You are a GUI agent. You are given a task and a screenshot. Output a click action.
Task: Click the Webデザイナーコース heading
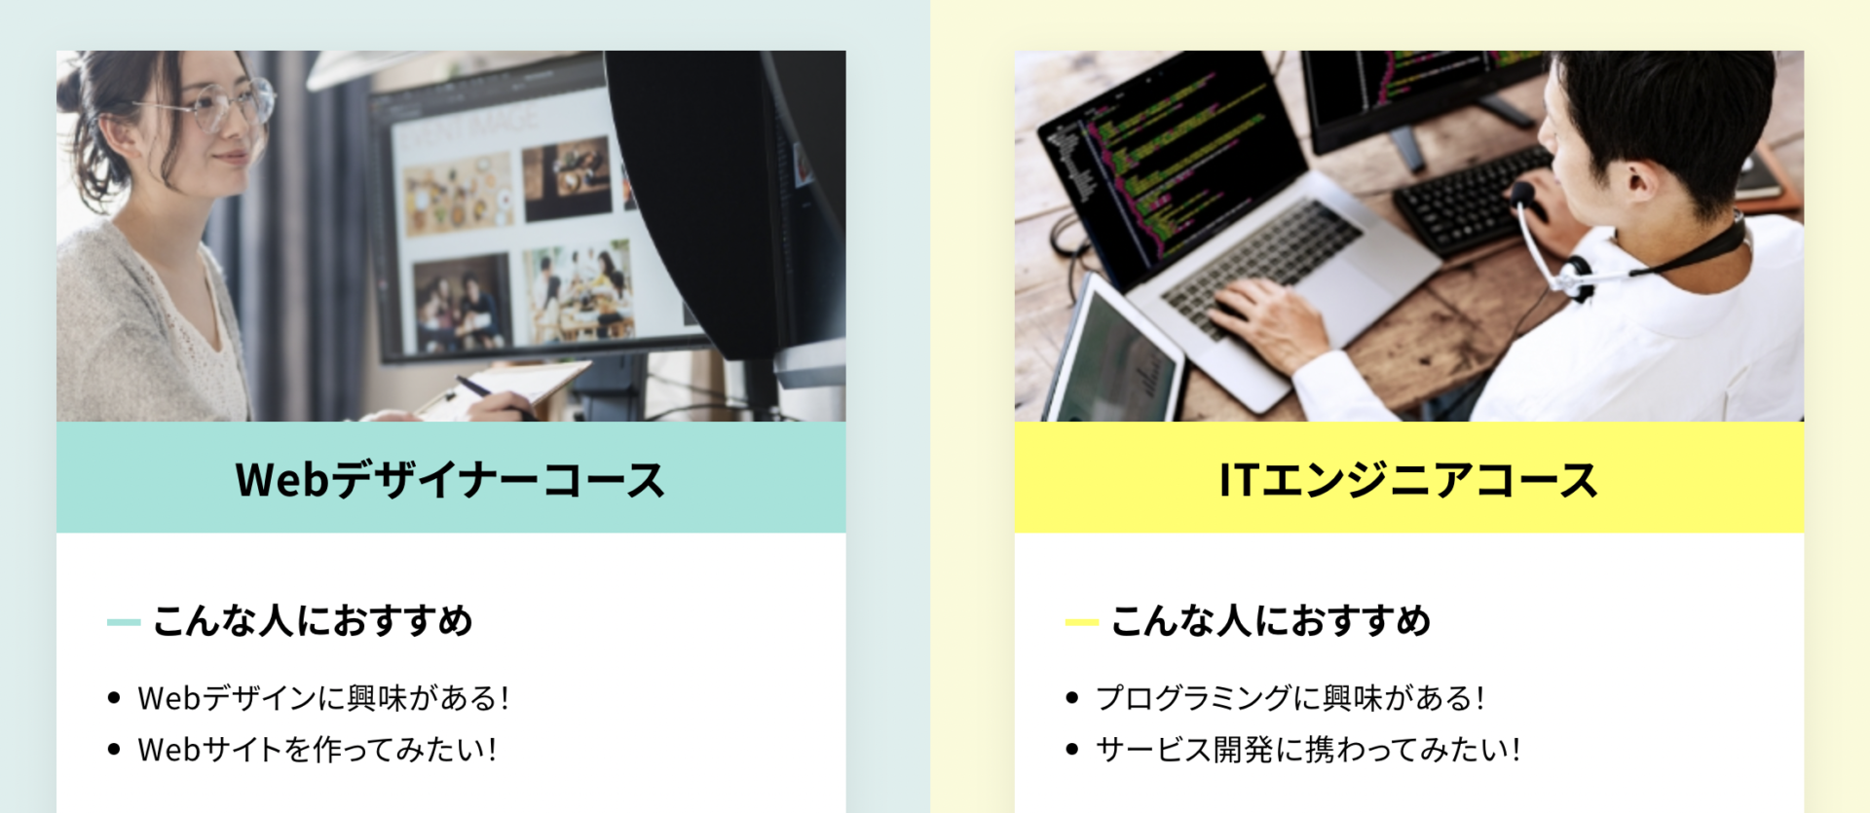450,480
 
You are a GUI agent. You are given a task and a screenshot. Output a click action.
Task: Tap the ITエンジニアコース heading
1408,480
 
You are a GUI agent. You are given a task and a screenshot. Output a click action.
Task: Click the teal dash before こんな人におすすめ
124,622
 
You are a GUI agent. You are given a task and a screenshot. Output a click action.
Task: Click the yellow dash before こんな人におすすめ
1082,622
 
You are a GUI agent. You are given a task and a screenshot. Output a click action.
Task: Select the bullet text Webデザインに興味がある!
323,698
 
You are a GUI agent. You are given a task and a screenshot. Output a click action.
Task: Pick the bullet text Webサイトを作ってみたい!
318,750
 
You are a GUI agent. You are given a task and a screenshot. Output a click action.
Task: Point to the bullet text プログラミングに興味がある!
1290,698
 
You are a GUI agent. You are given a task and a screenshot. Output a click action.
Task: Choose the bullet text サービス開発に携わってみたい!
1308,750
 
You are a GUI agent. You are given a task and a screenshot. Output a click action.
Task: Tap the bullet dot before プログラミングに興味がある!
1072,697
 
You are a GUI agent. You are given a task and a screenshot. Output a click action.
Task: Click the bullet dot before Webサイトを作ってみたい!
114,749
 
